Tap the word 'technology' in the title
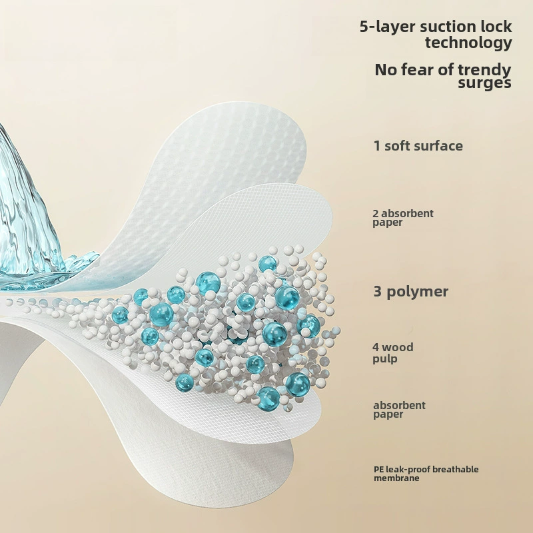pyautogui.click(x=468, y=43)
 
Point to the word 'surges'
pyautogui.click(x=484, y=83)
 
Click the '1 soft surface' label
pyautogui.click(x=418, y=146)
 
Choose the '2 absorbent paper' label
pyautogui.click(x=403, y=218)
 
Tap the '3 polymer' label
pyautogui.click(x=410, y=292)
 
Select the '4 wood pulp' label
pyautogui.click(x=393, y=352)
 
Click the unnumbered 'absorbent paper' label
pyautogui.click(x=399, y=410)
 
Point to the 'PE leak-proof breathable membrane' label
pyautogui.click(x=426, y=474)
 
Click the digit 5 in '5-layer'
pyautogui.click(x=364, y=27)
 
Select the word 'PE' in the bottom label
pyautogui.click(x=378, y=470)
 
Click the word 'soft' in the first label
pyautogui.click(x=398, y=146)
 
